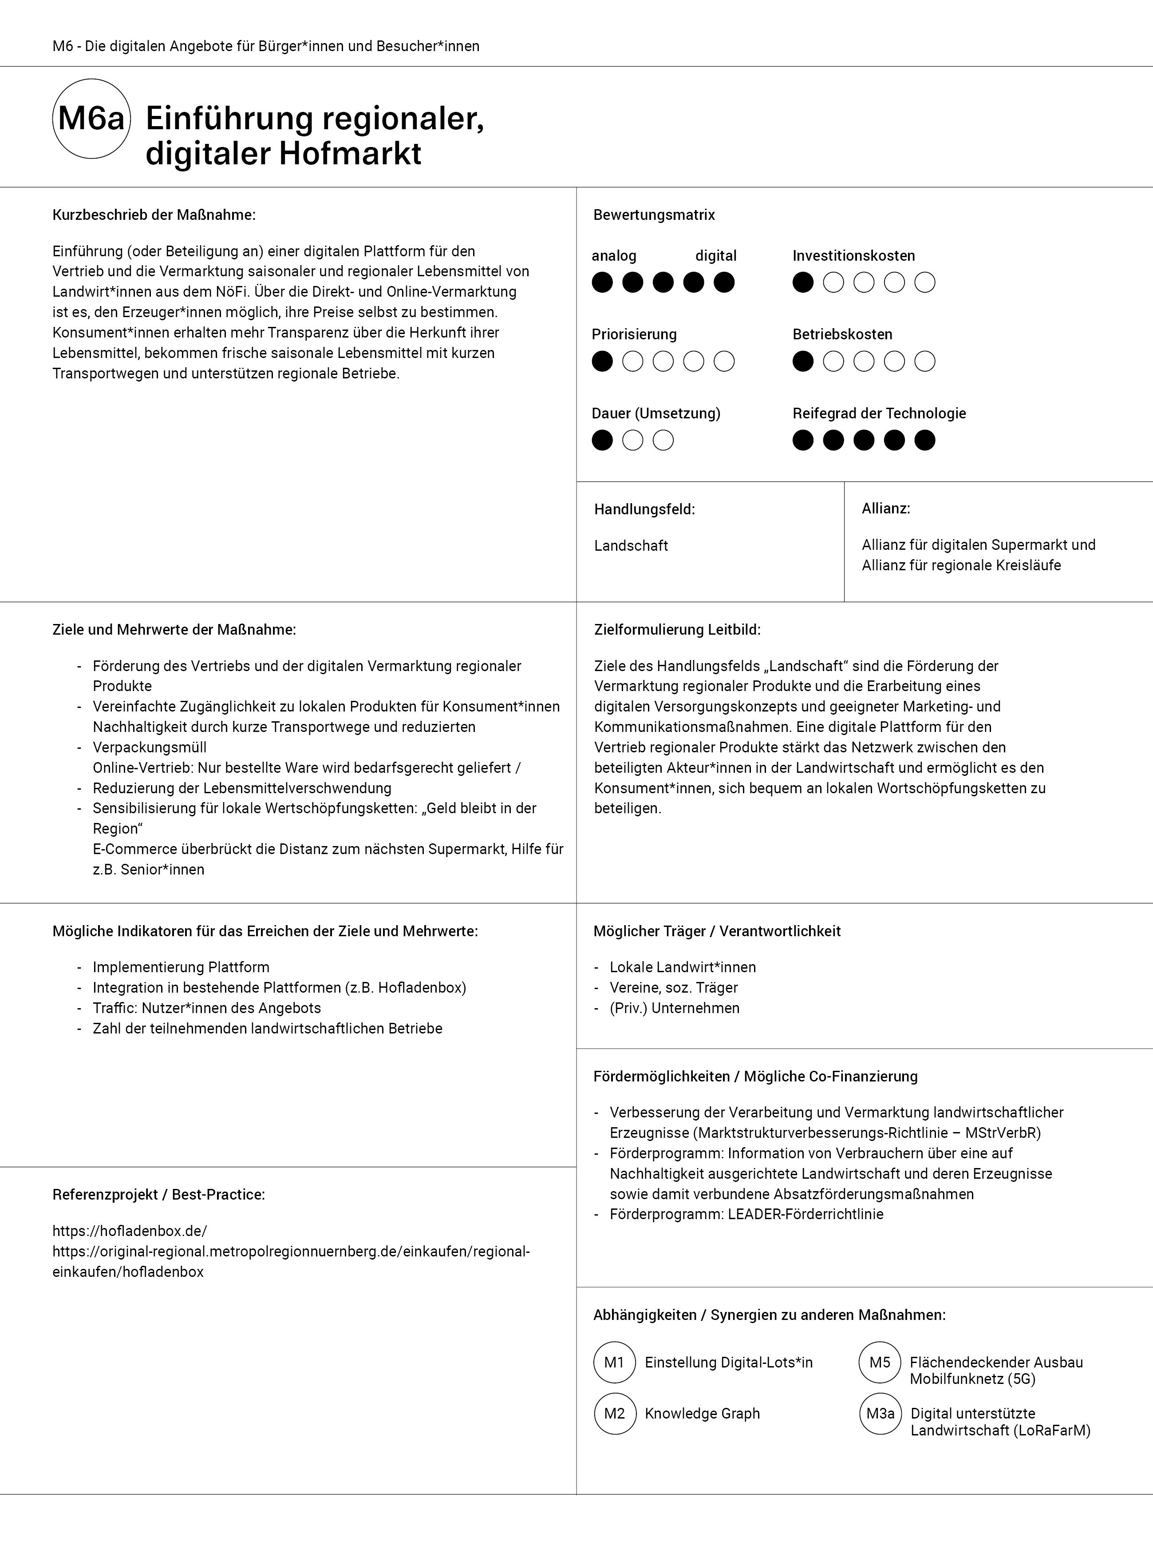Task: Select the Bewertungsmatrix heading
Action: pyautogui.click(x=654, y=215)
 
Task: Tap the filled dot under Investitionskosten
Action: pyautogui.click(x=803, y=283)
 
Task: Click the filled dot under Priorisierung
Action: pyautogui.click(x=602, y=362)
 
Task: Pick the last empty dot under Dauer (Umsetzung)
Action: pyautogui.click(x=663, y=441)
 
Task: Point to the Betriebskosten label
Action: pyautogui.click(x=842, y=334)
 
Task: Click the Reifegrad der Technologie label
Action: pyautogui.click(x=879, y=413)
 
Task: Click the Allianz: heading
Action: pyautogui.click(x=886, y=509)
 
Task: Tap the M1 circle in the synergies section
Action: pyautogui.click(x=614, y=1363)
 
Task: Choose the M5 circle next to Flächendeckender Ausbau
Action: pyautogui.click(x=880, y=1363)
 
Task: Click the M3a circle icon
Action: pyautogui.click(x=880, y=1414)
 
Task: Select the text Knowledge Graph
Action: pyautogui.click(x=702, y=1414)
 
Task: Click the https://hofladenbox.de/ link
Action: pyautogui.click(x=130, y=1231)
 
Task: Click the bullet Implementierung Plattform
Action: pyautogui.click(x=181, y=967)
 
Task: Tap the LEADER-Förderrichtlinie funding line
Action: pyautogui.click(x=746, y=1214)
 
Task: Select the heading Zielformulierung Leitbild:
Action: pyautogui.click(x=677, y=630)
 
